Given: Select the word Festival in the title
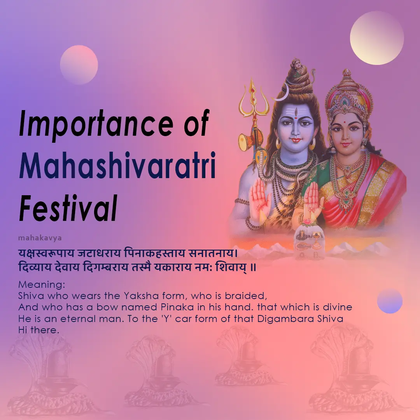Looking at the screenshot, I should coord(68,209).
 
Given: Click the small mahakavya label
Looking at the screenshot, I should coord(40,237).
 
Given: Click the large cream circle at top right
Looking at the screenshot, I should coord(377,38).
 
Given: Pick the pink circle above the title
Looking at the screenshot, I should coord(79,65).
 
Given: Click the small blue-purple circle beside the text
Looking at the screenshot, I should coord(390,301).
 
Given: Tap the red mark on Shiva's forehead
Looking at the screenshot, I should coord(296,113).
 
